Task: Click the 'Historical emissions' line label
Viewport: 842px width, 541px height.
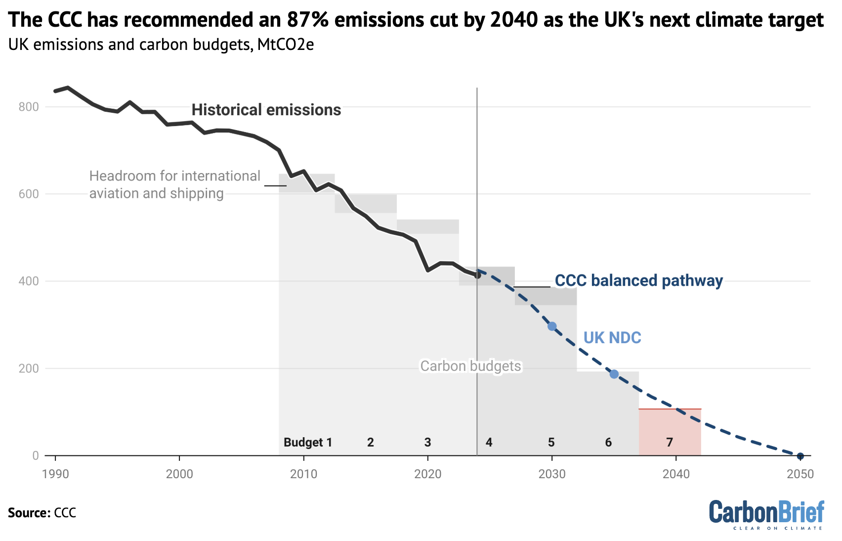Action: point(266,110)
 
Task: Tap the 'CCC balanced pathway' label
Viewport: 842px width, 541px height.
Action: point(638,280)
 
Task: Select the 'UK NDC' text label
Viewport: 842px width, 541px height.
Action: point(612,338)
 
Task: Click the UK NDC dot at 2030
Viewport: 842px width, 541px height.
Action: point(552,326)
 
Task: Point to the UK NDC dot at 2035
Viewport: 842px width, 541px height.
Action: point(614,374)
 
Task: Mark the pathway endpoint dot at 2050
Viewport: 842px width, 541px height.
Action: point(800,456)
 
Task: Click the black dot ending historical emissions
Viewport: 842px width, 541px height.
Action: point(477,275)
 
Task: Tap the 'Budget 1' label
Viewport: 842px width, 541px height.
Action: point(307,442)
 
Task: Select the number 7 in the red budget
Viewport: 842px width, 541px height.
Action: point(670,442)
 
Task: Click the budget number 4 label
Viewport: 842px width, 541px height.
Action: point(489,442)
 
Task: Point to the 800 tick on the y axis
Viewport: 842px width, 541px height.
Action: point(29,107)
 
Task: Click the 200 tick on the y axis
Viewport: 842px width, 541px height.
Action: point(29,368)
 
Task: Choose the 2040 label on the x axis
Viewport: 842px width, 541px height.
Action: point(676,474)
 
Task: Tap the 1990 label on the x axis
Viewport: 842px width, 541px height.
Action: point(55,474)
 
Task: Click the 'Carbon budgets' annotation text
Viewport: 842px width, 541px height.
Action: point(470,366)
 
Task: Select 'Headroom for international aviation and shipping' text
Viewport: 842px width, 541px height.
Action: point(174,184)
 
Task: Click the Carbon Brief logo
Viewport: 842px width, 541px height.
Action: point(766,514)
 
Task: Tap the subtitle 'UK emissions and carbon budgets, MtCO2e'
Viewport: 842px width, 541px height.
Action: point(161,45)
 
